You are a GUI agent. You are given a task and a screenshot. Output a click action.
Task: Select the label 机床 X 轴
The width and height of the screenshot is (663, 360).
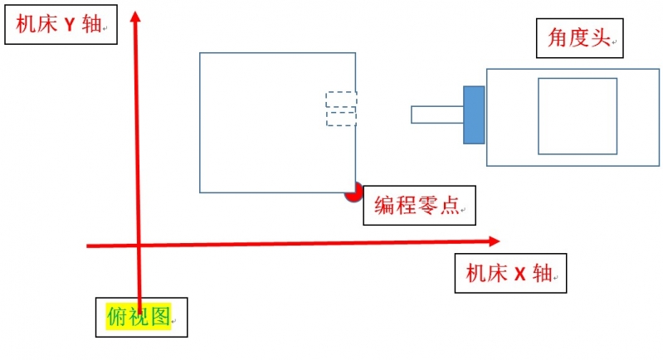pos(509,274)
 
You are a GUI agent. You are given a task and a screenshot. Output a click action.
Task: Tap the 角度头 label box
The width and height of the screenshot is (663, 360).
pos(578,38)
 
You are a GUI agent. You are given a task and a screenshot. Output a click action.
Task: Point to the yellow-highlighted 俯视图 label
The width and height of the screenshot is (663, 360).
pos(139,316)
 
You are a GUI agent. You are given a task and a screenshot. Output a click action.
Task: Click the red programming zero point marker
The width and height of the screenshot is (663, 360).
pos(353,193)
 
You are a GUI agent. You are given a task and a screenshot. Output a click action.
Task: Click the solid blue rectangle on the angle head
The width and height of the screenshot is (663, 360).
pos(474,114)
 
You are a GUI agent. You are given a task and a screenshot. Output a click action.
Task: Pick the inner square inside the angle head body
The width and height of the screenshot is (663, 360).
pos(577,116)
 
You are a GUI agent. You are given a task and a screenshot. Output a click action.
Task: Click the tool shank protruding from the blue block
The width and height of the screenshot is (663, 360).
pos(436,114)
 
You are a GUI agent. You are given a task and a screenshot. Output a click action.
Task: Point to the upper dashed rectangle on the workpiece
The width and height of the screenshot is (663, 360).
pos(341,100)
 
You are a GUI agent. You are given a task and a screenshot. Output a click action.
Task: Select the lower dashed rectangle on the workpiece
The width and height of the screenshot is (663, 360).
pos(341,118)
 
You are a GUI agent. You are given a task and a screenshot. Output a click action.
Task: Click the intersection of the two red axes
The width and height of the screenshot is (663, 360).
pos(138,245)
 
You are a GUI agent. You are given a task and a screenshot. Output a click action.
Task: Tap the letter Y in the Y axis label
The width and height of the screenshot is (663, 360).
pos(70,25)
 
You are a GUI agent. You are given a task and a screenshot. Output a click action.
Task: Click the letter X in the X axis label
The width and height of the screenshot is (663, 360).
pos(520,274)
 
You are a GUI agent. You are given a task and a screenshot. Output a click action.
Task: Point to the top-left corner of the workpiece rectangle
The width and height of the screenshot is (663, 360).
pos(200,54)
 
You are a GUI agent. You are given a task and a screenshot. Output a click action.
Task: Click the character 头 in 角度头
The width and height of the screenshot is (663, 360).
pos(601,38)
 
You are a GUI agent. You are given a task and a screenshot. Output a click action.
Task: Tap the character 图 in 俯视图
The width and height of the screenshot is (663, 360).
pos(160,316)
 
